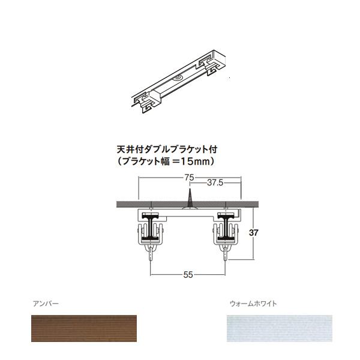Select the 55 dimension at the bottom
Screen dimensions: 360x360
188,275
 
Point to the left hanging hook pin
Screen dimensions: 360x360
150,257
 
